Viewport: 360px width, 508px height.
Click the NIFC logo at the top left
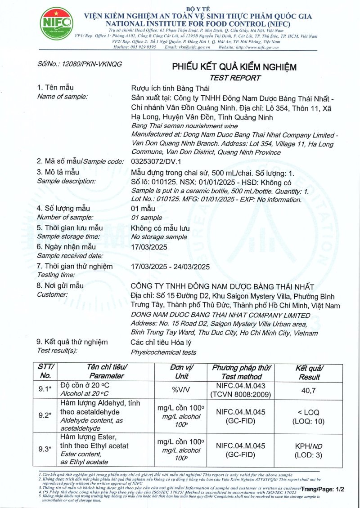tap(56, 24)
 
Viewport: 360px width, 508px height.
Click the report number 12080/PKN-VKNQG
tap(80, 64)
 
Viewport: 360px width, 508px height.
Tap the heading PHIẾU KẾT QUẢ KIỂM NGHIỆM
tap(234, 67)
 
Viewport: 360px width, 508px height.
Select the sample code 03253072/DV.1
tap(155, 161)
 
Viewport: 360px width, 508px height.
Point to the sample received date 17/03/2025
tap(149, 247)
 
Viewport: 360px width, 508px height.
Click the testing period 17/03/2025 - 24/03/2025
tap(171, 267)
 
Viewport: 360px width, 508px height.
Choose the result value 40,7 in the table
tap(308, 391)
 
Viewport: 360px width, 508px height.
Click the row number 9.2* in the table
tap(45, 415)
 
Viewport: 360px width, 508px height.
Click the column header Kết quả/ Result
tap(309, 372)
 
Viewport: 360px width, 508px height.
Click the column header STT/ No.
tap(46, 371)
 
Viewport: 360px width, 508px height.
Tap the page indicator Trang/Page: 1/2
tap(322, 489)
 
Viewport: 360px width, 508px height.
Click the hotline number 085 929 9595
tap(142, 47)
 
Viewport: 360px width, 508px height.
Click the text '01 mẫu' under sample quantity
tap(143, 209)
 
